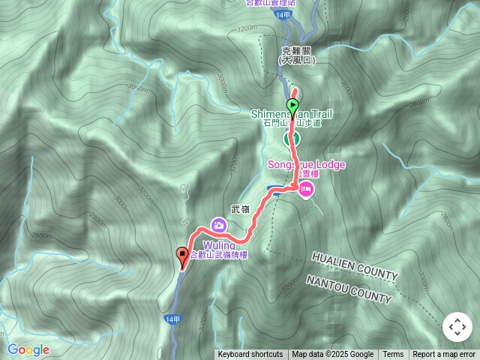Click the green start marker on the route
click(x=292, y=106)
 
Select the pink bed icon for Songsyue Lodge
click(x=306, y=192)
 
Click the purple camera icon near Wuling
click(x=218, y=223)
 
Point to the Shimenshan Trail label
click(x=292, y=115)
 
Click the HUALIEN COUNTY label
click(x=355, y=267)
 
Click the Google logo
click(x=28, y=349)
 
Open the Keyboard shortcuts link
click(x=250, y=355)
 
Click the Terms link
click(x=393, y=355)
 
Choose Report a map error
click(x=444, y=355)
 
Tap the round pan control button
click(x=457, y=327)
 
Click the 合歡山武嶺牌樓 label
click(x=220, y=255)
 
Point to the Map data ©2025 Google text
click(x=333, y=355)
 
